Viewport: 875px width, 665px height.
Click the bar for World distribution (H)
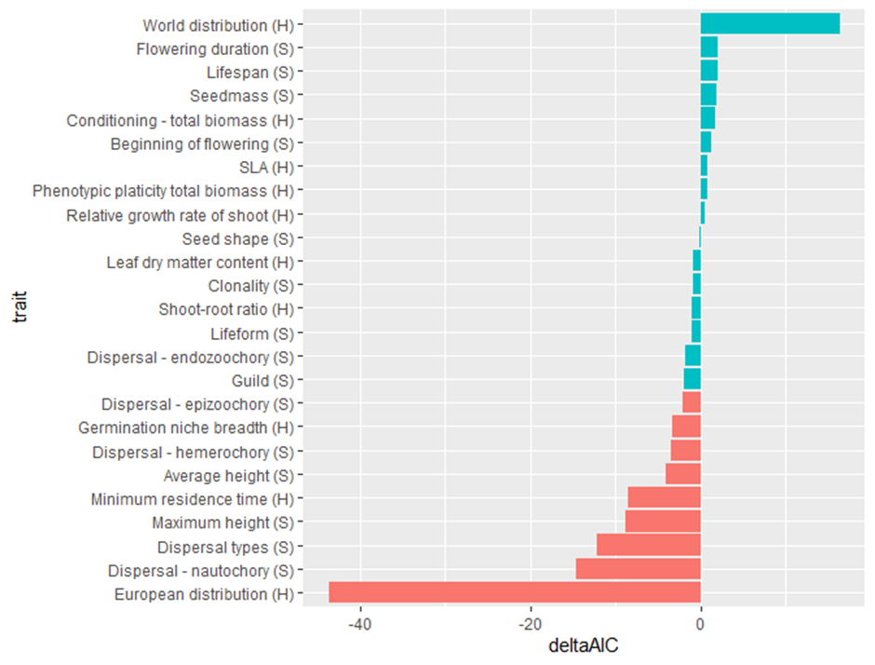(x=770, y=24)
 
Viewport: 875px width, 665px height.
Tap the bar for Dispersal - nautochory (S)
(x=638, y=569)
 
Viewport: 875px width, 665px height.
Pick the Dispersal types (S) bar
(x=648, y=546)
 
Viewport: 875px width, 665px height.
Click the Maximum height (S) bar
(x=663, y=522)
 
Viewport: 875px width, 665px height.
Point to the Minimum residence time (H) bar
(x=664, y=498)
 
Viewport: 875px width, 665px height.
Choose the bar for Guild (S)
(x=693, y=380)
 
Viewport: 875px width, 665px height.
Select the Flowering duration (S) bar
(x=709, y=47)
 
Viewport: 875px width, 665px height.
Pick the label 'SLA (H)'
(x=266, y=167)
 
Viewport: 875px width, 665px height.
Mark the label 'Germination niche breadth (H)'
(x=186, y=427)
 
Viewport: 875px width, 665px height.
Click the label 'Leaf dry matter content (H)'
(x=200, y=263)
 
